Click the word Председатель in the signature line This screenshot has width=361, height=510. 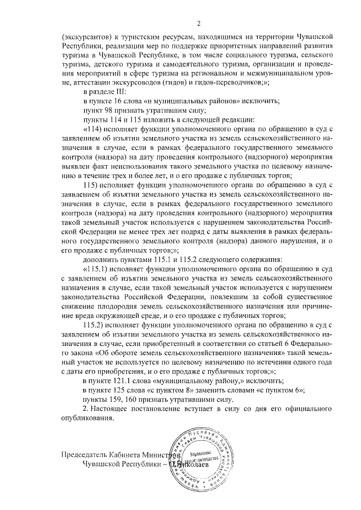(x=85, y=454)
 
